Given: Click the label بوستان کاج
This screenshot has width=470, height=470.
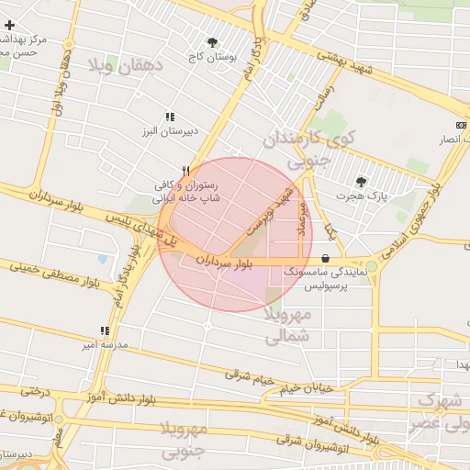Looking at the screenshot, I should click(211, 57).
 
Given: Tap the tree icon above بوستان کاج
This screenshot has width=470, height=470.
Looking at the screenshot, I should click(213, 42).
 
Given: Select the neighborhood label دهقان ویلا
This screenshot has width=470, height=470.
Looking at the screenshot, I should click(125, 65).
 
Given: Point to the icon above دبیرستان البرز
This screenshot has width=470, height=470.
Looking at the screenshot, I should click(170, 117).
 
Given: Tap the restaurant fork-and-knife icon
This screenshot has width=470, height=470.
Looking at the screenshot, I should click(186, 171).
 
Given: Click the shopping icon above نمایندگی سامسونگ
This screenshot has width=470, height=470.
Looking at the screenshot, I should click(326, 260).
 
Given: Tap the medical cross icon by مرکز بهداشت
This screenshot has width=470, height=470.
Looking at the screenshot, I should click(9, 25).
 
